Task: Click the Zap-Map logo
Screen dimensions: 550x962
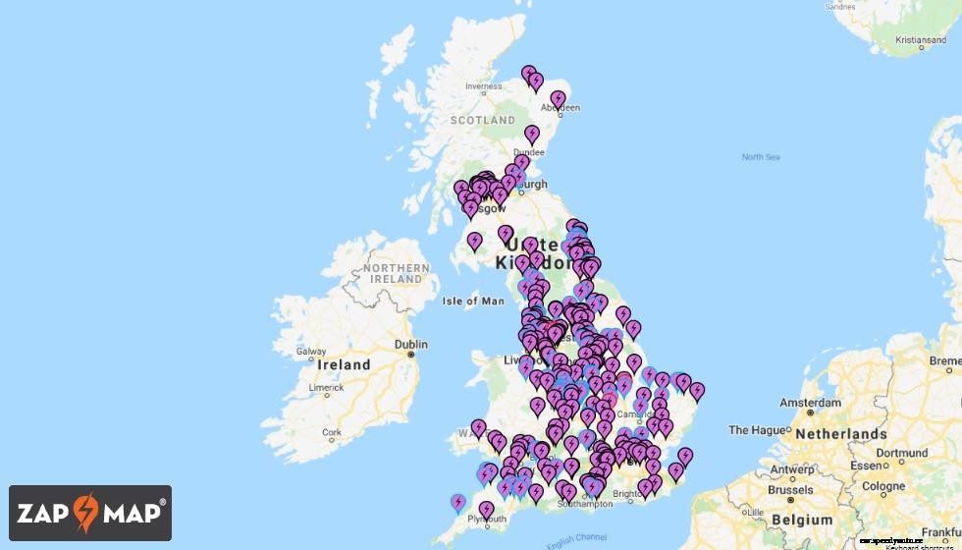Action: pyautogui.click(x=90, y=513)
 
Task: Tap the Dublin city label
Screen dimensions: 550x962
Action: pyautogui.click(x=410, y=345)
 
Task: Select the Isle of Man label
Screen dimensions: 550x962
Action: pyautogui.click(x=473, y=302)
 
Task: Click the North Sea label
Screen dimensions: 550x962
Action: pyautogui.click(x=760, y=157)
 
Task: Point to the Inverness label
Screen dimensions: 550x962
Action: pyautogui.click(x=483, y=86)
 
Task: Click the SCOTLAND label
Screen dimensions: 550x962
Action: pyautogui.click(x=482, y=120)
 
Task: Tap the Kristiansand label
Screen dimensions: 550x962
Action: pyautogui.click(x=921, y=40)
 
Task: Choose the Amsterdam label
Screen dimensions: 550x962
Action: pyautogui.click(x=810, y=403)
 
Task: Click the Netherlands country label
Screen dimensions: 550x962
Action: pyautogui.click(x=841, y=434)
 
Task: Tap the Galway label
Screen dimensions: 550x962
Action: pyautogui.click(x=311, y=352)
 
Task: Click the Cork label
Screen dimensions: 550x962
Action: pyautogui.click(x=332, y=432)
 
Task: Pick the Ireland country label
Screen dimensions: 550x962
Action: pyautogui.click(x=344, y=365)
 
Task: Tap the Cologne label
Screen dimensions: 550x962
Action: pyautogui.click(x=884, y=486)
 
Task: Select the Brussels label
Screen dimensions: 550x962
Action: pyautogui.click(x=790, y=490)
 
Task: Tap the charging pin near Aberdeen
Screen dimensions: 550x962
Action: pyautogui.click(x=558, y=99)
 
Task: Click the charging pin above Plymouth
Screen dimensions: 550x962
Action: pyautogui.click(x=486, y=510)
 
